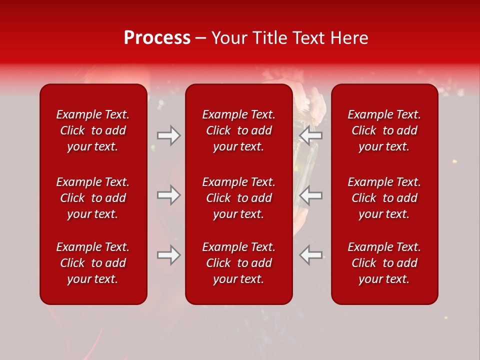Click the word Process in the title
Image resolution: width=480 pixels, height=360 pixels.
(157, 38)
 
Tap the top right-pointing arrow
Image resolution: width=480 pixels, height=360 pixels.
(169, 135)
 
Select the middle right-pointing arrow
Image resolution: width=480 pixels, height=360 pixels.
(169, 195)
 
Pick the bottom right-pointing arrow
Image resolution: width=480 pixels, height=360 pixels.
(169, 255)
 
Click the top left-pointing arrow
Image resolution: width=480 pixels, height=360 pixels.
(311, 135)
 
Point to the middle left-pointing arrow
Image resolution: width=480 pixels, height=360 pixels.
(311, 195)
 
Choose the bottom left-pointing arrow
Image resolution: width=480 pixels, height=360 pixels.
(311, 255)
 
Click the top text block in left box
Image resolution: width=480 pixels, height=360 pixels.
(93, 130)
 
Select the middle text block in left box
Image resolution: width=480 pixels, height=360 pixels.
(93, 198)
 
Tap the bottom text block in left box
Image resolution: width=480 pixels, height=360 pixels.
(93, 263)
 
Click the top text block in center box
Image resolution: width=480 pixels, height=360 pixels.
(238, 130)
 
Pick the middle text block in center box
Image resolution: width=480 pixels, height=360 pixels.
(238, 198)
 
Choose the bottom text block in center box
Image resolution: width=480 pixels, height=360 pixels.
(238, 263)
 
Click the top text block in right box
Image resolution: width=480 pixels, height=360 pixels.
(384, 130)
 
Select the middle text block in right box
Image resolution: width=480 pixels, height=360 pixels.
(384, 198)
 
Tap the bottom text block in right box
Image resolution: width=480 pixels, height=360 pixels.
(384, 263)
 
